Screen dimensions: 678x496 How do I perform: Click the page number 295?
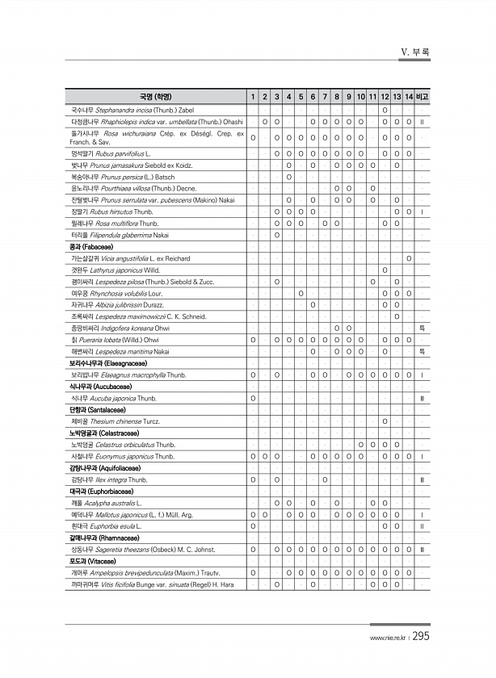tap(420, 637)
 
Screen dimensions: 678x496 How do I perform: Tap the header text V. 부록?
tap(415, 52)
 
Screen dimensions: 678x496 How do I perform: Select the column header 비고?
tap(422, 97)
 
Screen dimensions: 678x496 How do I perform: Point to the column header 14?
tap(410, 97)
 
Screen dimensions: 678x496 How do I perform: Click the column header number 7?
tap(312, 97)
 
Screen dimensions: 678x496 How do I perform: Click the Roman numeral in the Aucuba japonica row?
tap(422, 398)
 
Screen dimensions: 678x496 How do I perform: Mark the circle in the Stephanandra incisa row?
tap(384, 109)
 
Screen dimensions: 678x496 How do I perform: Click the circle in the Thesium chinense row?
tap(384, 421)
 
